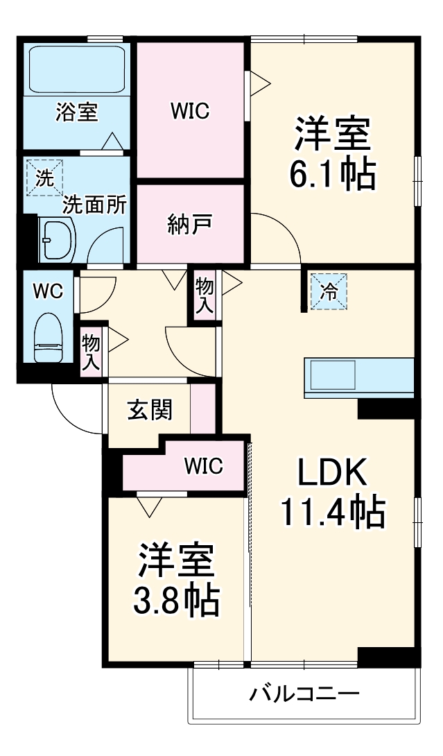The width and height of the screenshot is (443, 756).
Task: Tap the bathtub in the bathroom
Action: click(x=76, y=68)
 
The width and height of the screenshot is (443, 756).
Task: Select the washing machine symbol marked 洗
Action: click(x=44, y=178)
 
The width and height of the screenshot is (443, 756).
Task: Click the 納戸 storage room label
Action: click(x=189, y=225)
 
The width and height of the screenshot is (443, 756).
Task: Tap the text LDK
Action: click(x=331, y=474)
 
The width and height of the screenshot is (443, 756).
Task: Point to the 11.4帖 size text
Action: click(x=332, y=513)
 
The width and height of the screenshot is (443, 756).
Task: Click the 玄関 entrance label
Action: click(x=149, y=411)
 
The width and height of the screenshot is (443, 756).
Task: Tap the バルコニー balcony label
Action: click(x=305, y=694)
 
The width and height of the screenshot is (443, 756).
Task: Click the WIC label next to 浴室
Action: click(x=189, y=111)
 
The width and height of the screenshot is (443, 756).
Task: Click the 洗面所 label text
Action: click(x=94, y=205)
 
